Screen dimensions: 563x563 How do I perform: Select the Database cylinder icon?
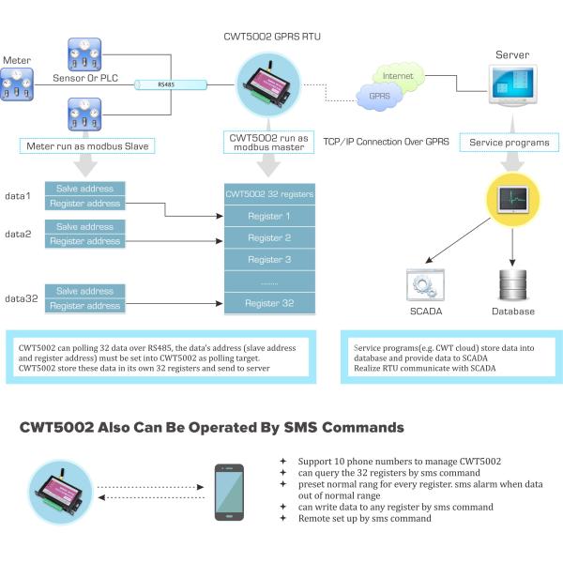point(512,283)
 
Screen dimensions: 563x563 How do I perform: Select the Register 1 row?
point(269,216)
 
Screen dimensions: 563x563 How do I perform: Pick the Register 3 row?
point(269,259)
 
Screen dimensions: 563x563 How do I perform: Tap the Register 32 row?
point(269,303)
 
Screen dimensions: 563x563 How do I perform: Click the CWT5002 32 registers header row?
point(269,194)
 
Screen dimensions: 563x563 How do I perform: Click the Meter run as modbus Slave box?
point(84,145)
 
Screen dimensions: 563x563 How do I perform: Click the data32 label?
point(21,298)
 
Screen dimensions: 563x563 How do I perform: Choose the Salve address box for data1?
point(85,189)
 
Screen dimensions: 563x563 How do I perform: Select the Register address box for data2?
point(85,241)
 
